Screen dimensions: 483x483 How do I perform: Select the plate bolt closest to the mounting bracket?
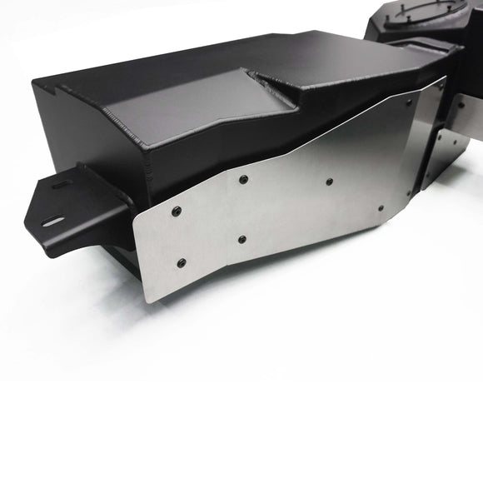(176, 210)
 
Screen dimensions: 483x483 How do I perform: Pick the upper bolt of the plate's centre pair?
(242, 180)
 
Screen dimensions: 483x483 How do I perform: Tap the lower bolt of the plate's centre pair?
(242, 239)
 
